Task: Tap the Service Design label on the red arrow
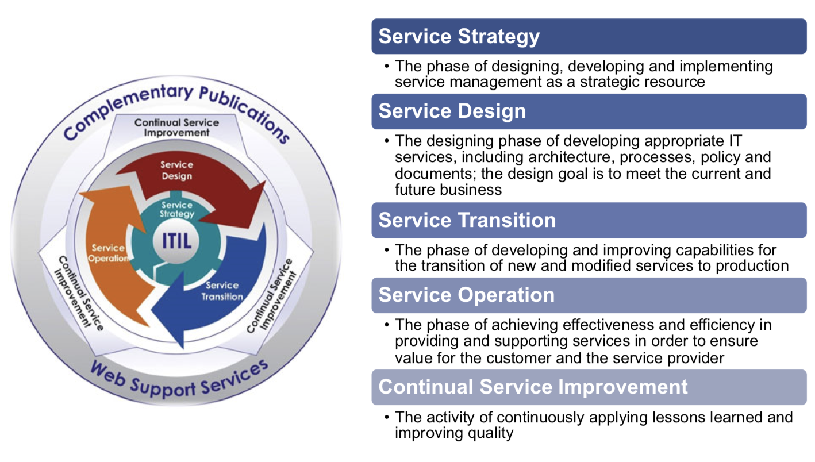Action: [x=176, y=170]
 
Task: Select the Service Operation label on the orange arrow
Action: [x=109, y=253]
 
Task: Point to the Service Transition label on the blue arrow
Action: [x=222, y=291]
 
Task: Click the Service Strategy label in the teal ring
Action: [x=176, y=210]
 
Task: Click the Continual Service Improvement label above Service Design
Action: [x=176, y=127]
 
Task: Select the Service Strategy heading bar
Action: [x=589, y=36]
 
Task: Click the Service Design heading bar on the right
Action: [x=589, y=111]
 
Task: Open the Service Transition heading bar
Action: [x=589, y=220]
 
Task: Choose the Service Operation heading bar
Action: [x=589, y=295]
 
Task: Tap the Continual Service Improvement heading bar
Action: [x=589, y=387]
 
